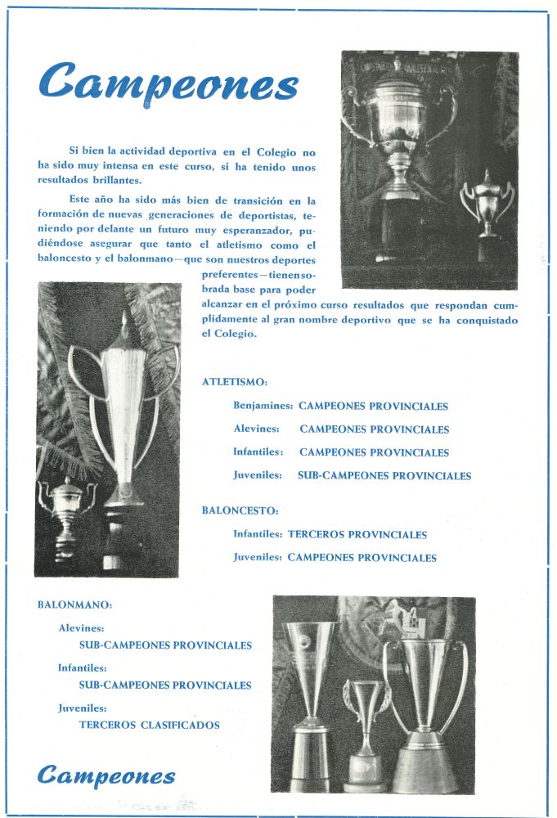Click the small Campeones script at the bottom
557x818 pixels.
(x=106, y=775)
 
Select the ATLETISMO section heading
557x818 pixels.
(x=234, y=382)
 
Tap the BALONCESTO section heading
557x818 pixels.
(x=240, y=510)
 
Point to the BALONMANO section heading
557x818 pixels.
(x=74, y=605)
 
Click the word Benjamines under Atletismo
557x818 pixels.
(x=263, y=406)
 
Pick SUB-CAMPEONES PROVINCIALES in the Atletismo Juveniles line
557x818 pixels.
(x=384, y=475)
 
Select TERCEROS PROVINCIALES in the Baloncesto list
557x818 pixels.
(x=357, y=535)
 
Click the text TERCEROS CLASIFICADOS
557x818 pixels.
(x=150, y=725)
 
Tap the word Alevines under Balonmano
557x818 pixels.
(x=81, y=628)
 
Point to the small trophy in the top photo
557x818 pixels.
(x=487, y=204)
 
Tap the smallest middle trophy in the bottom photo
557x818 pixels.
(x=365, y=732)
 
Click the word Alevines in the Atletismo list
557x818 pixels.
(x=256, y=429)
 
